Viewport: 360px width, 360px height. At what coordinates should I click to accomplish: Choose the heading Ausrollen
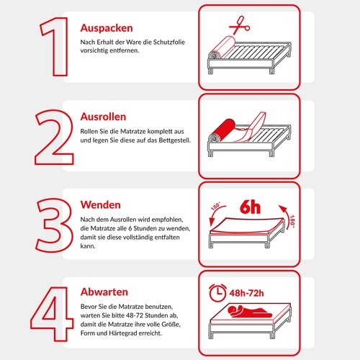tap(104, 117)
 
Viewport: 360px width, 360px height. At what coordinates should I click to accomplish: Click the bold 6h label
tap(250, 207)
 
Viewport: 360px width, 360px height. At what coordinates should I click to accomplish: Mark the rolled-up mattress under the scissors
tap(214, 55)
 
